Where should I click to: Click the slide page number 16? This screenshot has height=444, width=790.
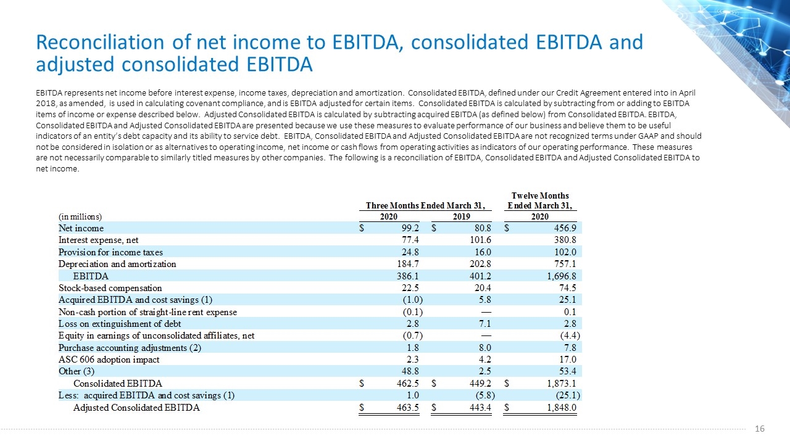point(760,429)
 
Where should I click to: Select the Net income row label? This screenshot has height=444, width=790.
point(81,228)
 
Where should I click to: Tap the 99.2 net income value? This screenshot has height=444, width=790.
point(410,228)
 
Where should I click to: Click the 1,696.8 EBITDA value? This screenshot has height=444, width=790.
point(562,276)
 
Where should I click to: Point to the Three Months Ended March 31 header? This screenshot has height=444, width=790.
point(425,205)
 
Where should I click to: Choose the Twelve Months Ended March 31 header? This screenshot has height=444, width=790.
point(540,200)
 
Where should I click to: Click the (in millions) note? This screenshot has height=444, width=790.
point(80,216)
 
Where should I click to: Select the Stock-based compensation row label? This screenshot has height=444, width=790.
point(110,288)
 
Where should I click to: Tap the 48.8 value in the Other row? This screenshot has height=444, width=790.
point(410,371)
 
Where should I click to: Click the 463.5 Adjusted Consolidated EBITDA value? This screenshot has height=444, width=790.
point(408,408)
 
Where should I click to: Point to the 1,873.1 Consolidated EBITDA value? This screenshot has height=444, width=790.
point(562,384)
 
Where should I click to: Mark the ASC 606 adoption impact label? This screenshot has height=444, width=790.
point(109,360)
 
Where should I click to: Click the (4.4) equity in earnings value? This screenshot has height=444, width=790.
point(570,335)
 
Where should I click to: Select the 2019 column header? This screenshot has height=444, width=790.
point(461,216)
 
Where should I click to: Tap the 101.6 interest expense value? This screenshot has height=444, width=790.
point(480,240)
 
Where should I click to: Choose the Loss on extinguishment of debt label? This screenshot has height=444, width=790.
point(120,324)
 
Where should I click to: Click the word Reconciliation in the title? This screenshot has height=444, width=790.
point(100,42)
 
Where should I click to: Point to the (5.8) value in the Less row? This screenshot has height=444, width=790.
point(485,395)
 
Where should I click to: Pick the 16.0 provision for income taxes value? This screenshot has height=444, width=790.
point(483,252)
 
